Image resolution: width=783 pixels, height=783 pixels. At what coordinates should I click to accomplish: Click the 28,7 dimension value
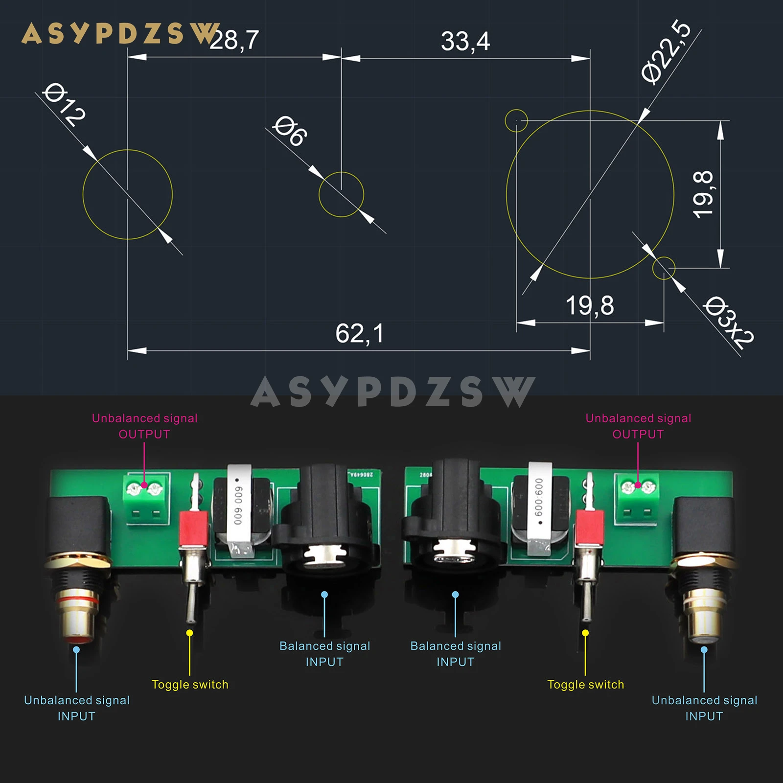234,40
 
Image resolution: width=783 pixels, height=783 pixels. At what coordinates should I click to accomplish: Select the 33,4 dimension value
465,41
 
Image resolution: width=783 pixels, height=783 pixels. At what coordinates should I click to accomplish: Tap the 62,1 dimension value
360,334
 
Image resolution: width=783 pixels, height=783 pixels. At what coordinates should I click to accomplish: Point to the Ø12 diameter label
64,104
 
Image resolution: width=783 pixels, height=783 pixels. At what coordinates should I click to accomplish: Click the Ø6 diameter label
291,131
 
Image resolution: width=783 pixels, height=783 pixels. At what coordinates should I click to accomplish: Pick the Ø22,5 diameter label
666,51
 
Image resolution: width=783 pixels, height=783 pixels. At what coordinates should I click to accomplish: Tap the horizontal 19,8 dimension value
590,306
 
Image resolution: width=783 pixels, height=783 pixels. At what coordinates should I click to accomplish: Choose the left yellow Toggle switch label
190,685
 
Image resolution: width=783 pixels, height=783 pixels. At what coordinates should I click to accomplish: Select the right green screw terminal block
637,499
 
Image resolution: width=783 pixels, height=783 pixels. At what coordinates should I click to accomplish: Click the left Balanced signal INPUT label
324,654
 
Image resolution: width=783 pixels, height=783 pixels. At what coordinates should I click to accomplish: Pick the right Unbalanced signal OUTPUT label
638,426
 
